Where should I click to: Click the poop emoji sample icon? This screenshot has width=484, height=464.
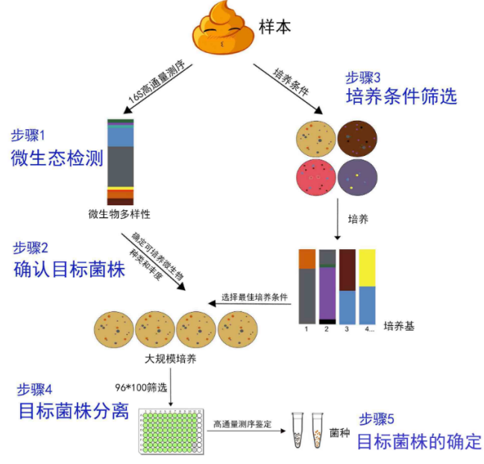pyautogui.click(x=222, y=29)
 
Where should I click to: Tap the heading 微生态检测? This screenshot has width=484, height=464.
pyautogui.click(x=57, y=159)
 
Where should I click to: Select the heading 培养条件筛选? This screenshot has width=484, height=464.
pyautogui.click(x=401, y=96)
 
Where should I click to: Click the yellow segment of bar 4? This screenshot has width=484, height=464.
pyautogui.click(x=367, y=267)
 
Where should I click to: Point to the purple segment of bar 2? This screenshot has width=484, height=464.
pyautogui.click(x=327, y=292)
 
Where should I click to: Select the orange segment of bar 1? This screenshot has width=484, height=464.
pyautogui.click(x=307, y=258)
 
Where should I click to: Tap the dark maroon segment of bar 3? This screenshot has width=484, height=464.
pyautogui.click(x=347, y=269)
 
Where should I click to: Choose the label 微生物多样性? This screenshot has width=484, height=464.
pyautogui.click(x=120, y=214)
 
